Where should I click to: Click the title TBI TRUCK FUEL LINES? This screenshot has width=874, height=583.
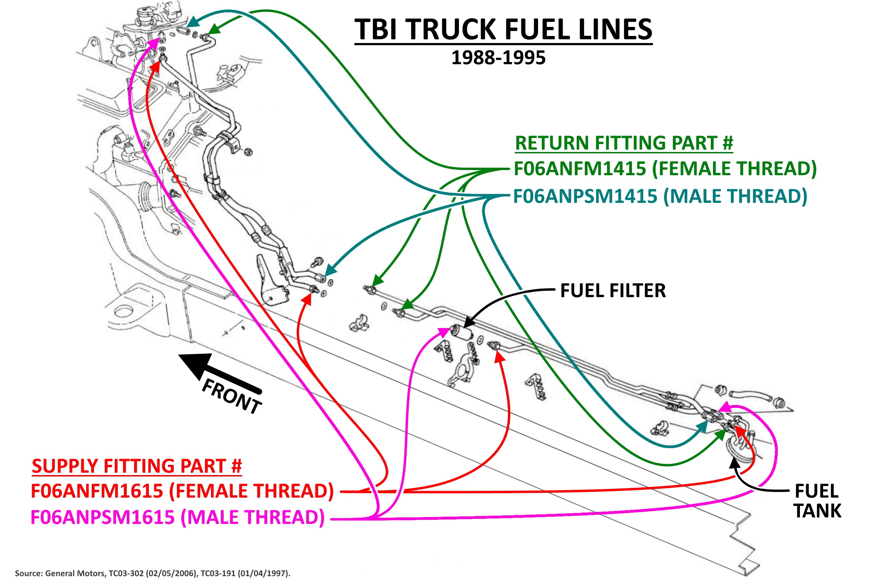click(x=503, y=30)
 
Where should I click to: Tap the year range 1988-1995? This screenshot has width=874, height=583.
click(x=498, y=58)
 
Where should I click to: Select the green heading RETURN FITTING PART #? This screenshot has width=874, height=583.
click(x=624, y=143)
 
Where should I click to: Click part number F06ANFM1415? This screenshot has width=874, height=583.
click(x=580, y=169)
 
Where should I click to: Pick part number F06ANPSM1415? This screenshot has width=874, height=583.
click(x=585, y=197)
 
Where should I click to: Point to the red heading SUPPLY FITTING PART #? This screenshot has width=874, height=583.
click(x=137, y=466)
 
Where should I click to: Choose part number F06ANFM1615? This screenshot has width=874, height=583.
click(x=97, y=491)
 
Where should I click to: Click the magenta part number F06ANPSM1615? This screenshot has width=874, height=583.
click(x=102, y=517)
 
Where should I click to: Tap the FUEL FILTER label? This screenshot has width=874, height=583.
click(x=613, y=291)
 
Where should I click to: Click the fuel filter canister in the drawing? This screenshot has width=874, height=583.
click(x=461, y=331)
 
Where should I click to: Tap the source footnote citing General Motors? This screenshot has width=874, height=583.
click(x=152, y=573)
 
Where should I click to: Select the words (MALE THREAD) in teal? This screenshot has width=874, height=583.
click(x=735, y=197)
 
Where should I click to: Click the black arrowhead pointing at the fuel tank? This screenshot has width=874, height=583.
click(x=734, y=463)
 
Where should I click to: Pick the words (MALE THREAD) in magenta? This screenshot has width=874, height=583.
click(x=253, y=517)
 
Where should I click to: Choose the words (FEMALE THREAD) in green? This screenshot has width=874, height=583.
click(x=735, y=169)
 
